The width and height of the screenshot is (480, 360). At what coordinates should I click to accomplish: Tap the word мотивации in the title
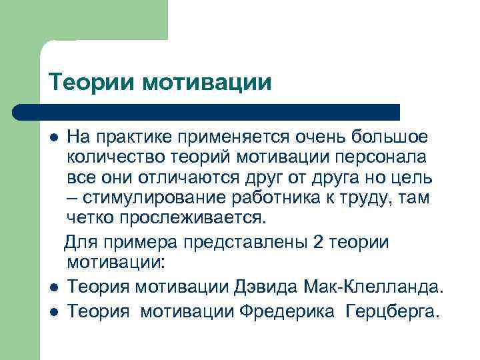207,83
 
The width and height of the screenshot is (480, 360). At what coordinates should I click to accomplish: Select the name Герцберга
393,311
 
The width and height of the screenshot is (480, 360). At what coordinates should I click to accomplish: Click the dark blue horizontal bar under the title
207,111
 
